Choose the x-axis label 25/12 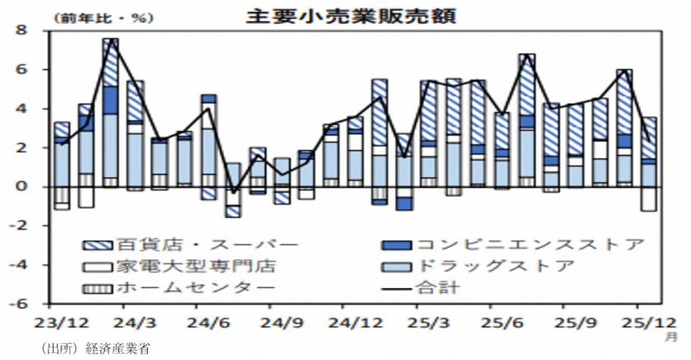coord(640,322)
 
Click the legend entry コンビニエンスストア coord(530,245)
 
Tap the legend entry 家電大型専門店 coord(196,266)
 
